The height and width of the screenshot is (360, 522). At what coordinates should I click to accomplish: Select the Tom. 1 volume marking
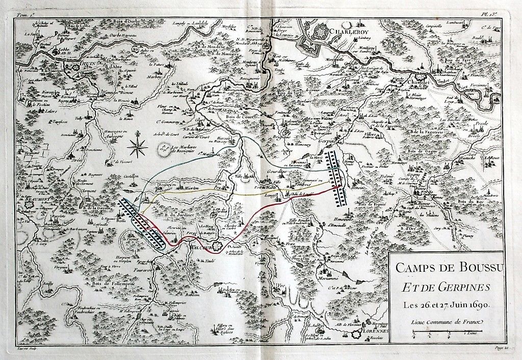point(22,16)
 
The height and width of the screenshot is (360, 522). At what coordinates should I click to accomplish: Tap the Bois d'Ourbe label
point(124,21)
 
